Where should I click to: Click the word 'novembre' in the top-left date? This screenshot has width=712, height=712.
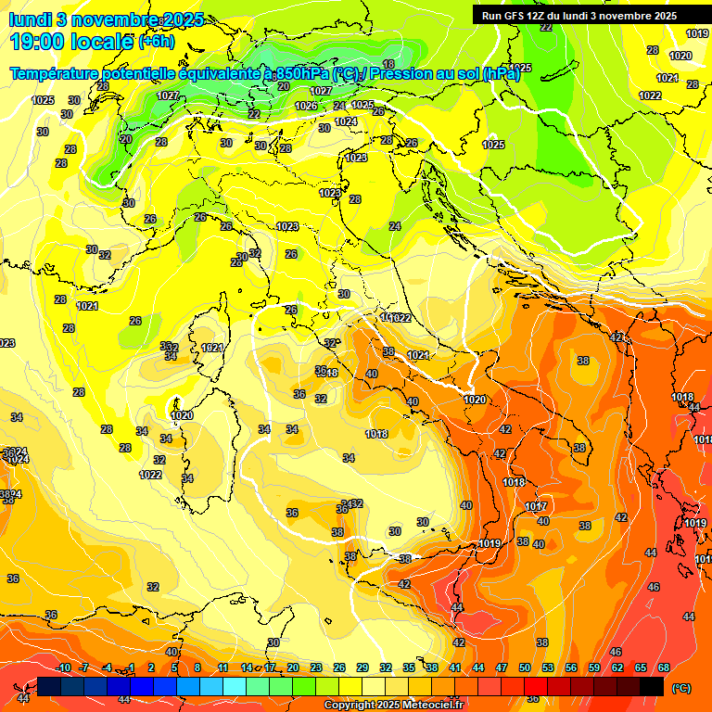109,19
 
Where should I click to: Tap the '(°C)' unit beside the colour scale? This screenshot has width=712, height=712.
680,688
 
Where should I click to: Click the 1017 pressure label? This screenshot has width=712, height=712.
536,506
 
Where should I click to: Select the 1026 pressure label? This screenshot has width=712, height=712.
306,107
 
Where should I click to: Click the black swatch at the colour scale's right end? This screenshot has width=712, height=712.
652,686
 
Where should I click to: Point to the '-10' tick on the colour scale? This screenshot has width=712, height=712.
63,667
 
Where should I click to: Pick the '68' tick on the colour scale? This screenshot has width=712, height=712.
664,667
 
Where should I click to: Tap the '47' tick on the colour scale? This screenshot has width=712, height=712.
502,667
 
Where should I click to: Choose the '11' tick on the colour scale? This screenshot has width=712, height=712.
222,667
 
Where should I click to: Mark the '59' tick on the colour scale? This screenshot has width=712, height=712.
594,667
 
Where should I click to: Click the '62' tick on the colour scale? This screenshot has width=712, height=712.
617,667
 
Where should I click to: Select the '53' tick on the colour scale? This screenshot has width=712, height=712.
548,667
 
